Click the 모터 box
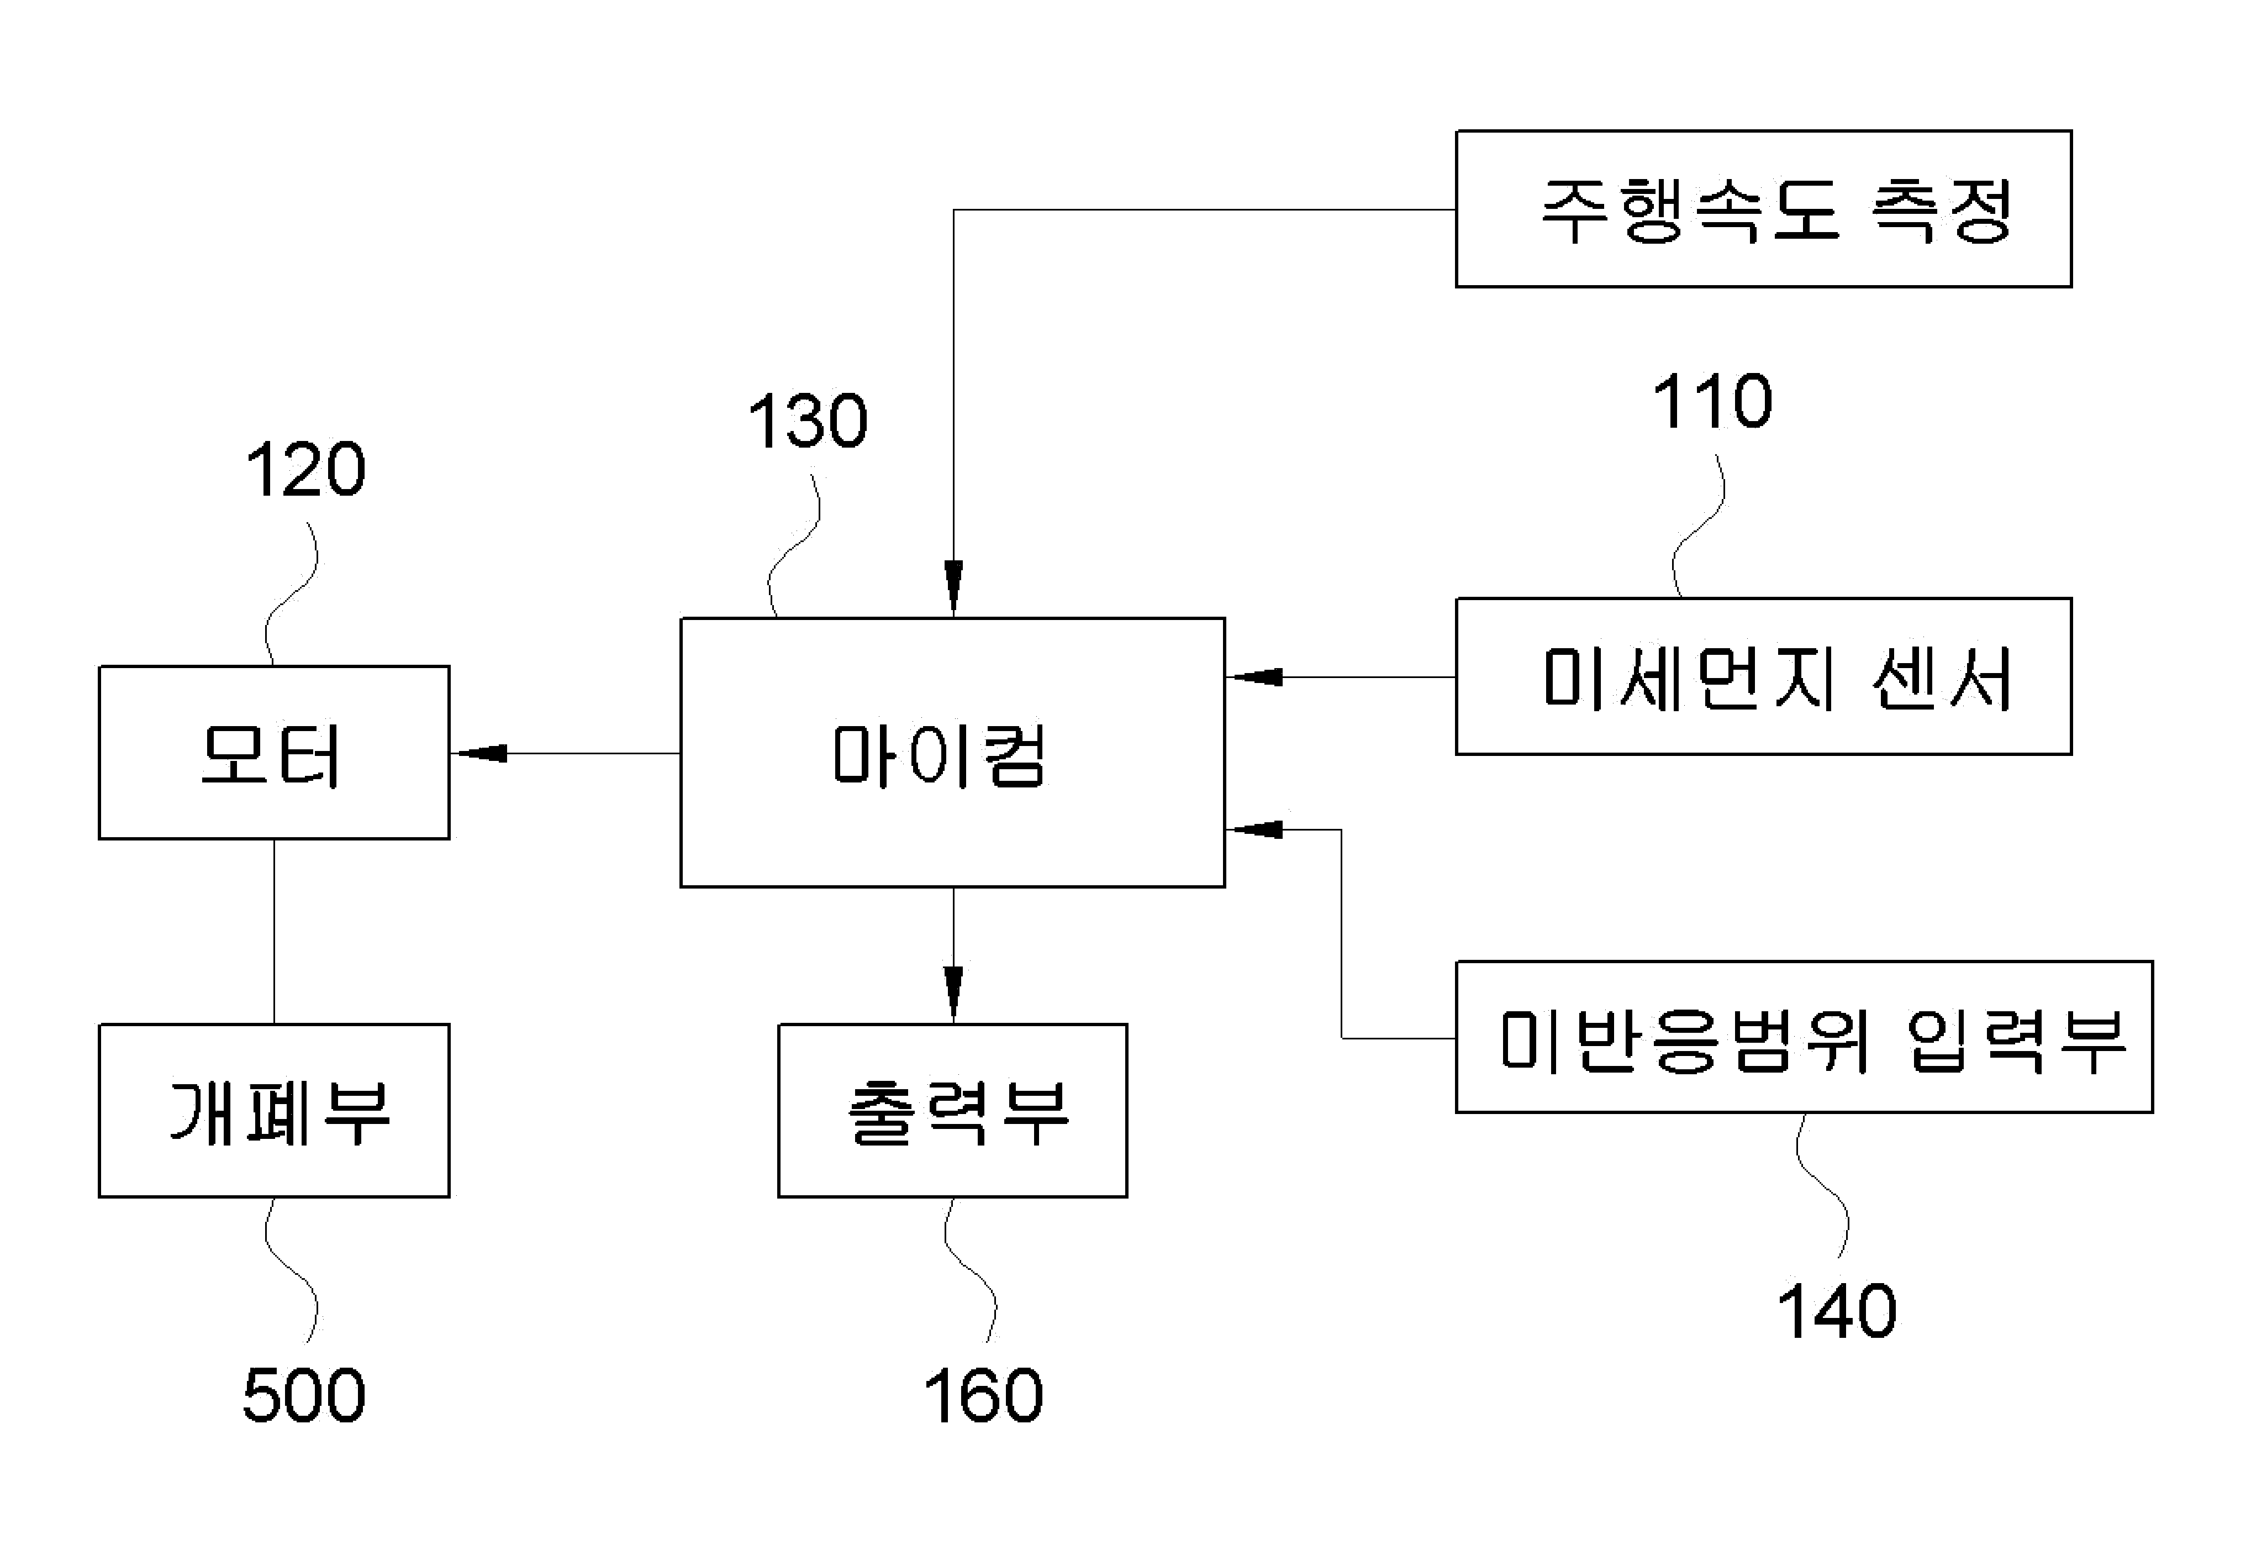click(x=274, y=752)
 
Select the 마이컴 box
click(x=952, y=752)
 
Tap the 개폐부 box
click(x=274, y=1110)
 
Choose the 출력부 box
click(x=952, y=1110)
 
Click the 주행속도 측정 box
click(x=1764, y=209)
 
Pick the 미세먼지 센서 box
click(x=1764, y=676)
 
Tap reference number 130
click(x=808, y=422)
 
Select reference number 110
click(x=1713, y=401)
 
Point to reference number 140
click(x=1837, y=1311)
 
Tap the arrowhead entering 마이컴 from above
click(x=953, y=589)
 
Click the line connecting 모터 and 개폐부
click(x=274, y=932)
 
